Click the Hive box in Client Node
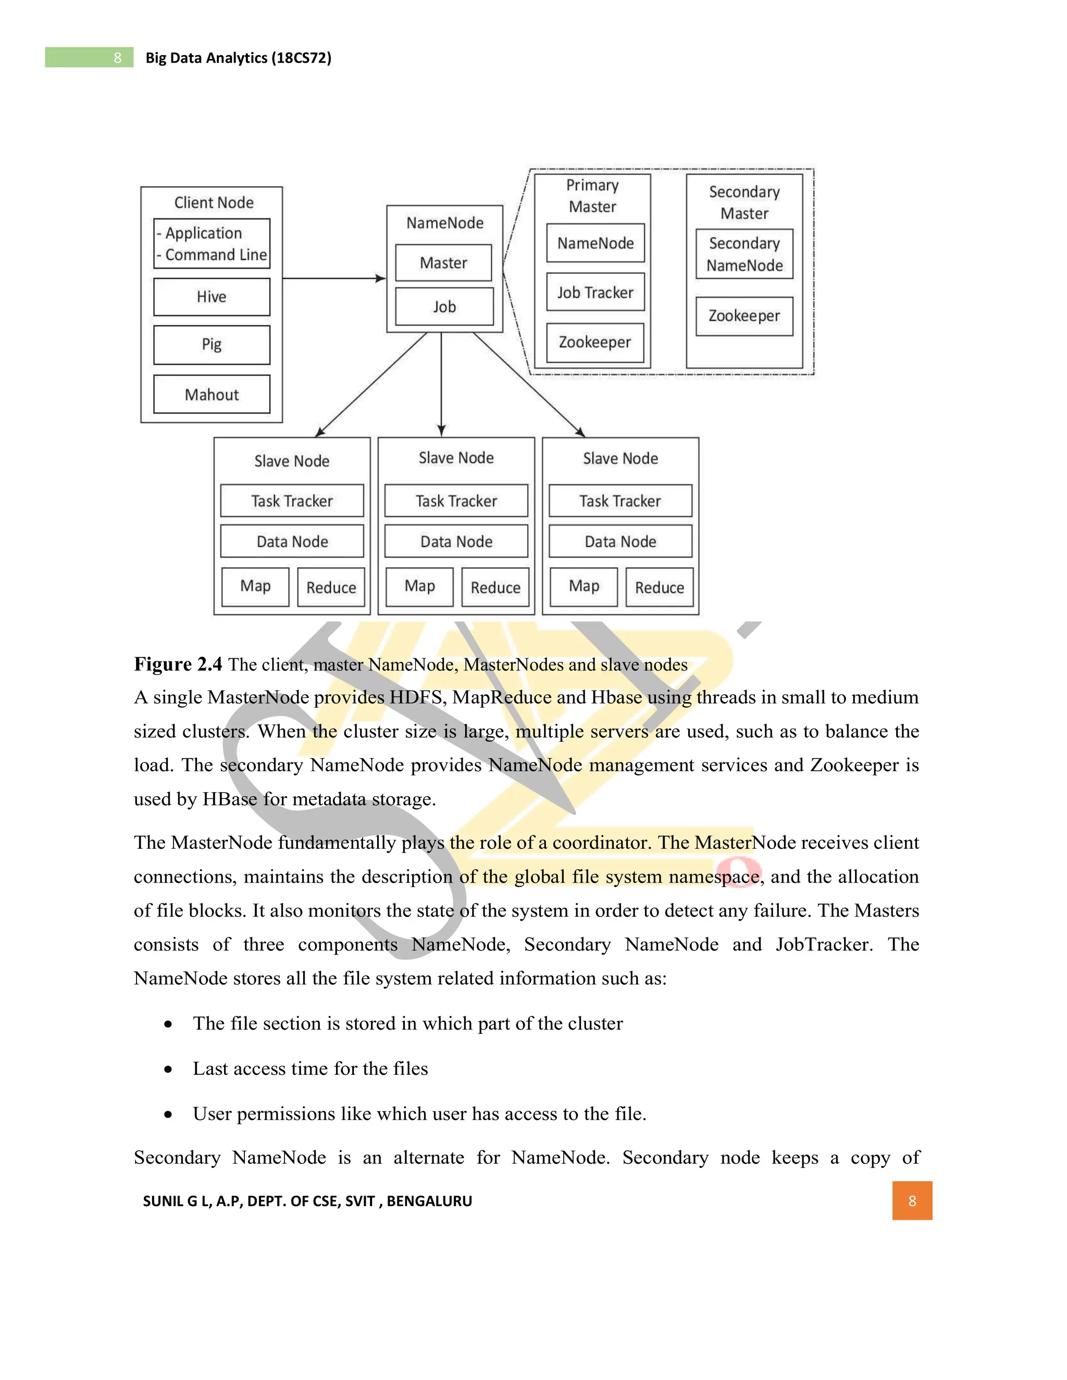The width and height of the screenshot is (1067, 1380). [211, 297]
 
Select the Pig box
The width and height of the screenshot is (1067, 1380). [211, 345]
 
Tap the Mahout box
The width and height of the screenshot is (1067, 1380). [211, 394]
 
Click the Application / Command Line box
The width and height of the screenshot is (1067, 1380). [211, 244]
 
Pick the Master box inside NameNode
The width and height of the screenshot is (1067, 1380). [443, 263]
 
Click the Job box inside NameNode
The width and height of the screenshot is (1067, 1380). [444, 306]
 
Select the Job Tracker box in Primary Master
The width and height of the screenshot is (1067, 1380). [595, 292]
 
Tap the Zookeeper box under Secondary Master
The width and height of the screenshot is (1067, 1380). [744, 316]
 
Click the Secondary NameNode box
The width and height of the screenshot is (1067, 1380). [744, 254]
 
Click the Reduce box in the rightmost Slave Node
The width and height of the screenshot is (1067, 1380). [659, 587]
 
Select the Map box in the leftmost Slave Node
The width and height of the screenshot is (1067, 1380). [255, 586]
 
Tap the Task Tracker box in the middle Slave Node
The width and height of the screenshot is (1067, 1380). [456, 501]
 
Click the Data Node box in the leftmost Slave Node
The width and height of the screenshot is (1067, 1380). [292, 542]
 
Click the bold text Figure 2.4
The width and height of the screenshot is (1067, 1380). [178, 664]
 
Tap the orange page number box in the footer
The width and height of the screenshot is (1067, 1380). [912, 1200]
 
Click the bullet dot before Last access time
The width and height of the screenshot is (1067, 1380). [168, 1069]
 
